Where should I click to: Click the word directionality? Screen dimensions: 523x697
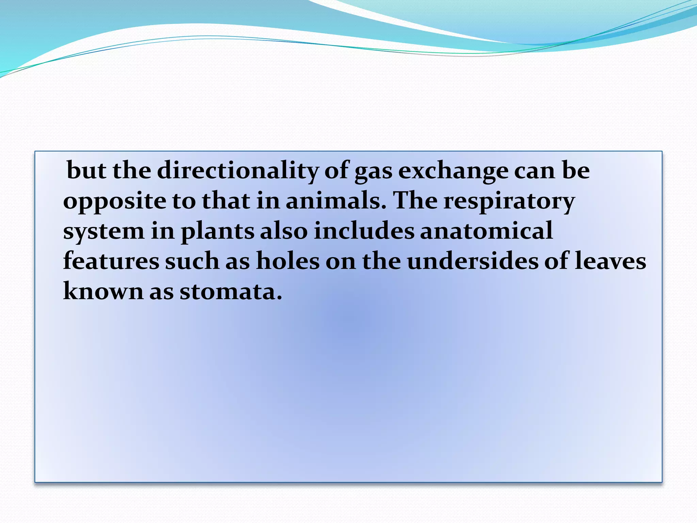(x=238, y=170)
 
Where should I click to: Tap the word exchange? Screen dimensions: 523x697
(x=453, y=170)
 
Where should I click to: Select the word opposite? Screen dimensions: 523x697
(x=114, y=201)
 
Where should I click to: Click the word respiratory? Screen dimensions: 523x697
(x=509, y=201)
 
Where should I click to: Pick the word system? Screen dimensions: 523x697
(x=104, y=231)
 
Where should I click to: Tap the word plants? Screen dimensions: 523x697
(x=217, y=231)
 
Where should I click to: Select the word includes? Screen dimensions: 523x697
(x=364, y=231)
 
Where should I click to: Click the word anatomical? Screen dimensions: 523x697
(x=486, y=231)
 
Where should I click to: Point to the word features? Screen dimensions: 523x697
(x=111, y=261)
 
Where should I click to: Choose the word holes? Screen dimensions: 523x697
(x=288, y=261)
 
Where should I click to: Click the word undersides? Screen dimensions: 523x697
(x=473, y=261)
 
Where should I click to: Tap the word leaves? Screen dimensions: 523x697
(x=610, y=261)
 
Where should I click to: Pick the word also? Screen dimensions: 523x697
(x=284, y=231)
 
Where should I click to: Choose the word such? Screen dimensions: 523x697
(x=192, y=261)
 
